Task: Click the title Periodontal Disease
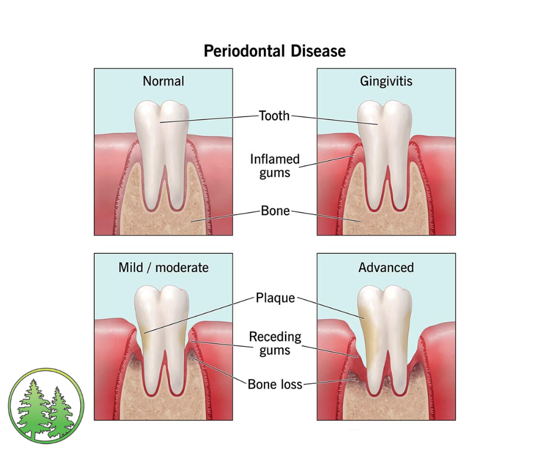click(274, 51)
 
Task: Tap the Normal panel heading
click(163, 81)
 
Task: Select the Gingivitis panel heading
click(386, 81)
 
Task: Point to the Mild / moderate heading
click(163, 267)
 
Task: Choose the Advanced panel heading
click(386, 267)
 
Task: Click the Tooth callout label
click(274, 115)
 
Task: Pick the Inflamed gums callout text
click(274, 165)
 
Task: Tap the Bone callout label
click(275, 211)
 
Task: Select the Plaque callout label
click(275, 298)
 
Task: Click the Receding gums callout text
click(275, 343)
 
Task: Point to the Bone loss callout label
click(275, 384)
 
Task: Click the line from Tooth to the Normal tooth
click(211, 119)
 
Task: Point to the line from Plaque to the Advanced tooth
click(331, 307)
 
